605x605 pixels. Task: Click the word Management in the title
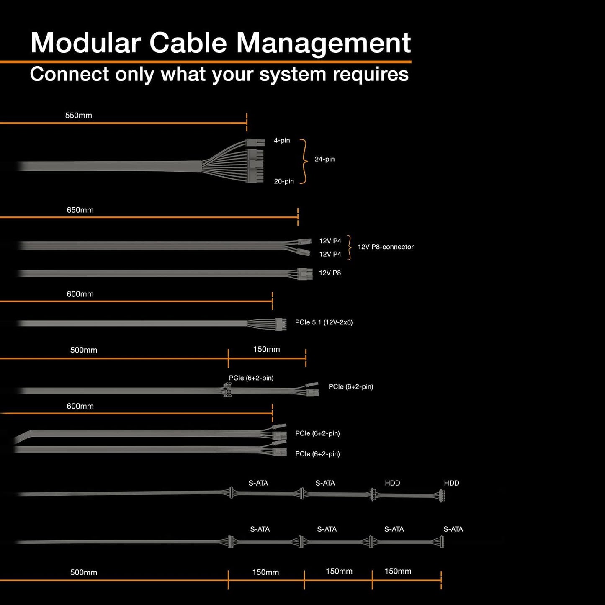tap(323, 43)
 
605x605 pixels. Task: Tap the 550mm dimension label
tap(78, 116)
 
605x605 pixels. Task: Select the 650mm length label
tap(80, 210)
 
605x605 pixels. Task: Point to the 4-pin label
tap(282, 141)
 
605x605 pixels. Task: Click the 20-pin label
tap(284, 181)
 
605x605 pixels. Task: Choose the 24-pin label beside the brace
tap(324, 159)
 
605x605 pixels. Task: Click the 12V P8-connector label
tap(385, 247)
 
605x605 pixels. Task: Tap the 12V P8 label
tap(330, 273)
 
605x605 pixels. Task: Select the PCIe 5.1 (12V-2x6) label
tap(324, 322)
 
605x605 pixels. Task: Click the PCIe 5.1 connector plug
tap(281, 324)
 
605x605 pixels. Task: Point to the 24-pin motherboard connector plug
tap(255, 160)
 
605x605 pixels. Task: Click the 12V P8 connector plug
tap(305, 274)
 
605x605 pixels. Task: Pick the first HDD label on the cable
tap(392, 483)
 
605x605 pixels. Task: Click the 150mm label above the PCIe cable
tap(266, 349)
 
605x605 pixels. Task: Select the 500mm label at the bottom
tap(83, 572)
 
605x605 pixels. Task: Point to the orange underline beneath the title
tap(205, 62)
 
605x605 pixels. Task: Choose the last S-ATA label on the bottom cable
tap(453, 529)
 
